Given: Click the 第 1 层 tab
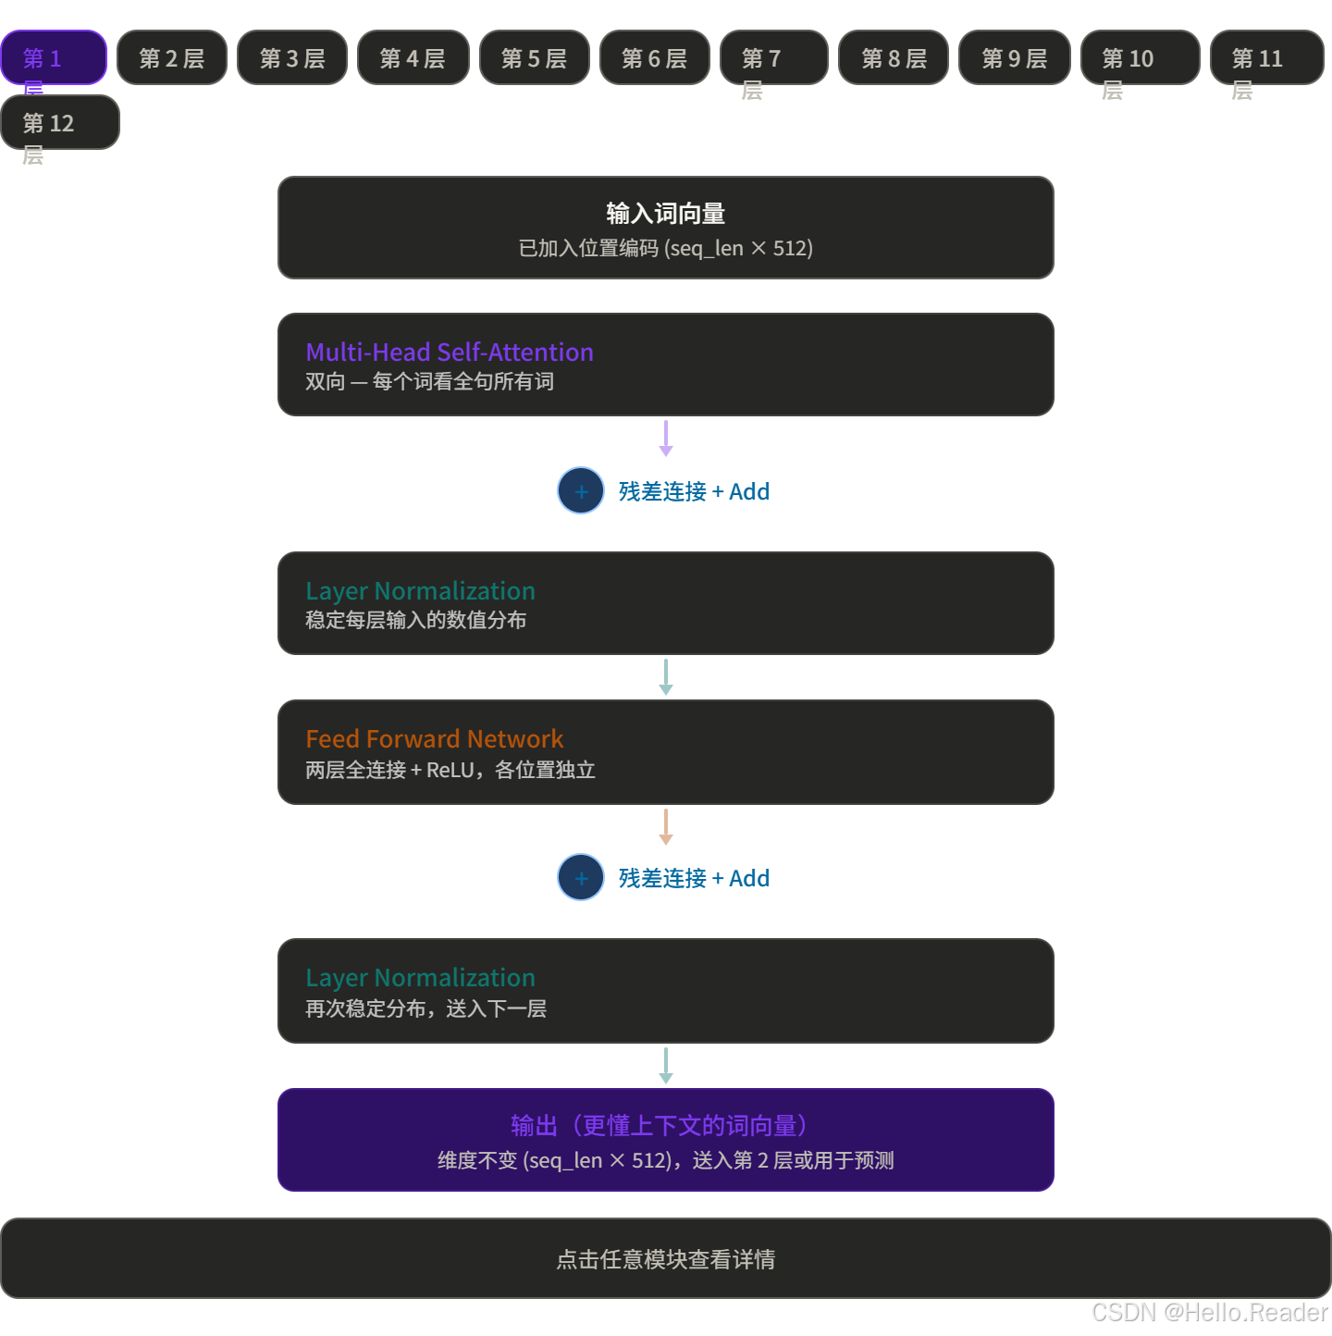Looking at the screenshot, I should [54, 57].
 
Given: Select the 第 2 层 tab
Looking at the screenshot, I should [172, 57].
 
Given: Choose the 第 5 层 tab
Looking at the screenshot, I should [534, 57].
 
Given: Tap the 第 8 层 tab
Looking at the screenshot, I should [894, 57].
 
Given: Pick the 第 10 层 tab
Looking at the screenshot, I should [1140, 57].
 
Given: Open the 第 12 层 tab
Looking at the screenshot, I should [60, 122].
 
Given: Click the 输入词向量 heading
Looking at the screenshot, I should [665, 214].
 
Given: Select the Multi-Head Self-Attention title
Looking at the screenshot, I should [450, 352].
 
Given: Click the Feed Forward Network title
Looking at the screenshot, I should [434, 738].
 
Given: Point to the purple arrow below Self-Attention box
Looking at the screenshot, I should [666, 438].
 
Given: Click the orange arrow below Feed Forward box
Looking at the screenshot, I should [666, 826].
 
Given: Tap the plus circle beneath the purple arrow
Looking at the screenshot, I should [581, 490].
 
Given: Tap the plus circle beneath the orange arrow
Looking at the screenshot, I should [581, 877].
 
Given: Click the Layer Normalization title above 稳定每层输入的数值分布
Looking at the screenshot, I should [420, 590].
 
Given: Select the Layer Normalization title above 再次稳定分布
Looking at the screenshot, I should [420, 977].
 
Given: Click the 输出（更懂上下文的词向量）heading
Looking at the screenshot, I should [665, 1125].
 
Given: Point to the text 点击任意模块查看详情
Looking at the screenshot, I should [665, 1259].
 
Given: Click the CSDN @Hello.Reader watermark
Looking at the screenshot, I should [1208, 1311].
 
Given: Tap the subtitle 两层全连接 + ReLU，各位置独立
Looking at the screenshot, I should [450, 770].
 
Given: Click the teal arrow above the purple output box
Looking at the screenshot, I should [666, 1065].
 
